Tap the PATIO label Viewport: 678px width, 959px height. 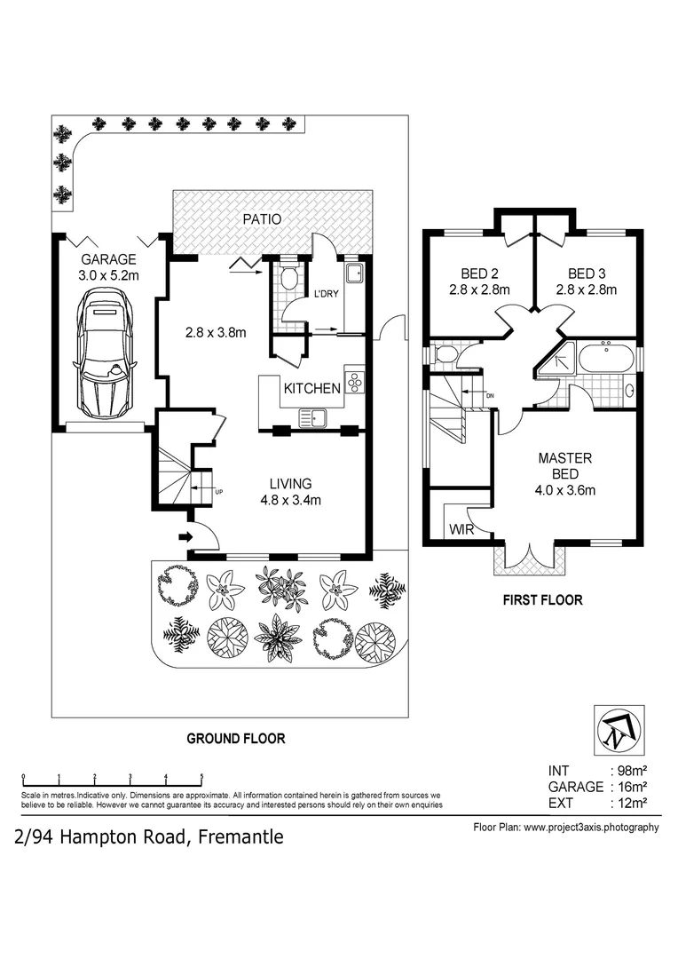[263, 218]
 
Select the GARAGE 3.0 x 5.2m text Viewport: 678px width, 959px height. [108, 267]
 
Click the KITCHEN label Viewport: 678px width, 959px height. [311, 388]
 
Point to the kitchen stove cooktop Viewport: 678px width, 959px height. [355, 382]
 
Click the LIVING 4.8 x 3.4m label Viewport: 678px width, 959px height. [290, 491]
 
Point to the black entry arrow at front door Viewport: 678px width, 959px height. [184, 536]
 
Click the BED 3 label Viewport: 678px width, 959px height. [586, 281]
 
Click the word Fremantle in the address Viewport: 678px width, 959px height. [240, 836]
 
